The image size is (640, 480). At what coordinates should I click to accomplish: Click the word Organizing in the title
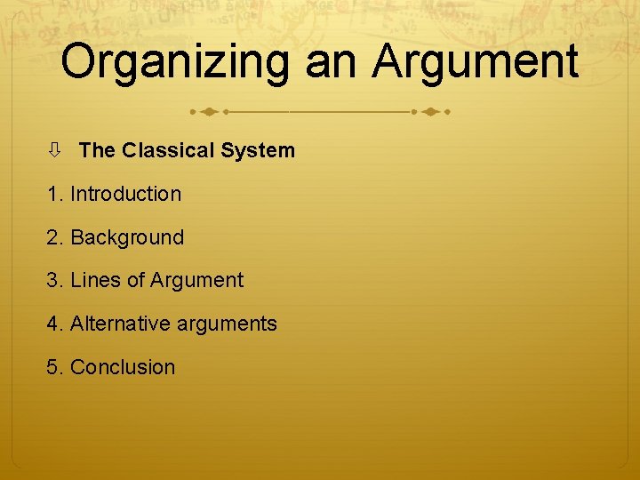(x=174, y=62)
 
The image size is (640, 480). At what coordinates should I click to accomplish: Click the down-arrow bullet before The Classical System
(x=54, y=150)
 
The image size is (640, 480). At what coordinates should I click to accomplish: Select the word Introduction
(x=125, y=194)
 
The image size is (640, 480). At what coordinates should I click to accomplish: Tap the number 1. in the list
(x=55, y=194)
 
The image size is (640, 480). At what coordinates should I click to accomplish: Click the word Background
(x=127, y=237)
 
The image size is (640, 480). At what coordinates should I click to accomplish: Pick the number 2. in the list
(x=55, y=237)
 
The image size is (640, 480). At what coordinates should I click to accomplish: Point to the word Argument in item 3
(x=196, y=281)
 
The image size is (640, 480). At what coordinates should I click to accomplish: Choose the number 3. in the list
(x=55, y=281)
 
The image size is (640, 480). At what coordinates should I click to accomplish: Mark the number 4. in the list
(x=55, y=324)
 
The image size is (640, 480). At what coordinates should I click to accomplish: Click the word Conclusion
(x=123, y=367)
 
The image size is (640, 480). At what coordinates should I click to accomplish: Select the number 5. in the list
(x=55, y=367)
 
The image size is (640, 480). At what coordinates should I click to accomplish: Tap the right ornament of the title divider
(x=431, y=113)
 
